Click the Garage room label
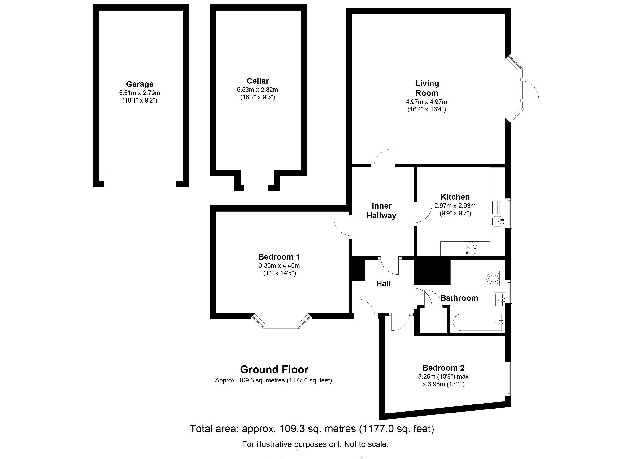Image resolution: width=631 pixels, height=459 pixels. (x=140, y=84)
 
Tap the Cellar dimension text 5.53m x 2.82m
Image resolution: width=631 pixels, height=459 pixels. (x=257, y=90)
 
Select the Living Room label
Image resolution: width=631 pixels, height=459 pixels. (x=427, y=88)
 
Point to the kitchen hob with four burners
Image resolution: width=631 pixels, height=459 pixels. (x=472, y=249)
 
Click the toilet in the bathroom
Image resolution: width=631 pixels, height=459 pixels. (x=495, y=278)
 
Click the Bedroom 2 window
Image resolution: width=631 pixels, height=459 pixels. (x=509, y=378)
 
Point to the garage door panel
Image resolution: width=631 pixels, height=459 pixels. (x=140, y=181)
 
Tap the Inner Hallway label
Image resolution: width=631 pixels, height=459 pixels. (x=381, y=211)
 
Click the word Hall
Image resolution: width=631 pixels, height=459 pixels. (x=384, y=284)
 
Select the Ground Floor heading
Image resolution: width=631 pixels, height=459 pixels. (x=274, y=370)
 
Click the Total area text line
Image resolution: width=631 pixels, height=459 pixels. (x=312, y=429)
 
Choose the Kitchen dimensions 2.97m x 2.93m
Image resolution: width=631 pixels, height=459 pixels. (x=455, y=206)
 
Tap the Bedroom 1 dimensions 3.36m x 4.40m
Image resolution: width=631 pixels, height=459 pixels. (x=279, y=265)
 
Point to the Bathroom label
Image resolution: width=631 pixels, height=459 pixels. (x=459, y=298)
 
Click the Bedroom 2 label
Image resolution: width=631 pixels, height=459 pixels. (x=443, y=368)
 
